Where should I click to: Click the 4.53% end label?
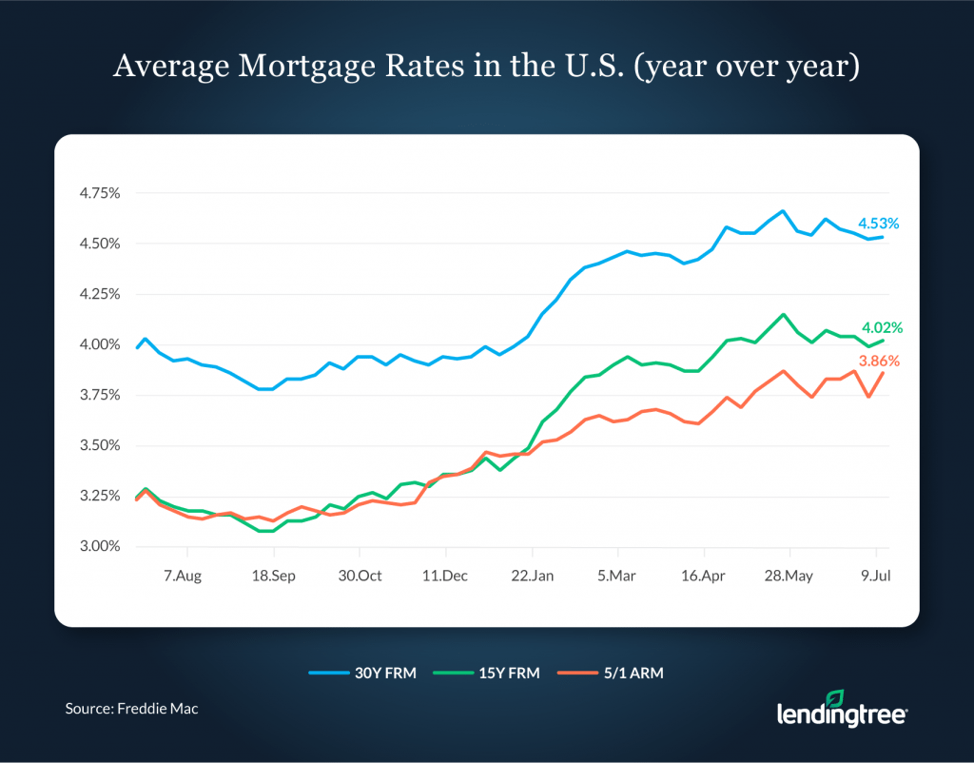pyautogui.click(x=878, y=225)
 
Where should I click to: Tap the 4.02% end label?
pyautogui.click(x=882, y=328)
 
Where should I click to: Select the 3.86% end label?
pyautogui.click(x=879, y=362)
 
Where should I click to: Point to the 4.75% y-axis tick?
pyautogui.click(x=100, y=193)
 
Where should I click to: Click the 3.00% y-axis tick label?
pyautogui.click(x=100, y=547)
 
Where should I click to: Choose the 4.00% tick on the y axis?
pyautogui.click(x=100, y=344)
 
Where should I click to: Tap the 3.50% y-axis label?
pyautogui.click(x=100, y=445)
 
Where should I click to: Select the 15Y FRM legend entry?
pyautogui.click(x=485, y=673)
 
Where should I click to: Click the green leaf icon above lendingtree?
pyautogui.click(x=808, y=697)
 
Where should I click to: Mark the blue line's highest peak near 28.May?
pyautogui.click(x=782, y=211)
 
